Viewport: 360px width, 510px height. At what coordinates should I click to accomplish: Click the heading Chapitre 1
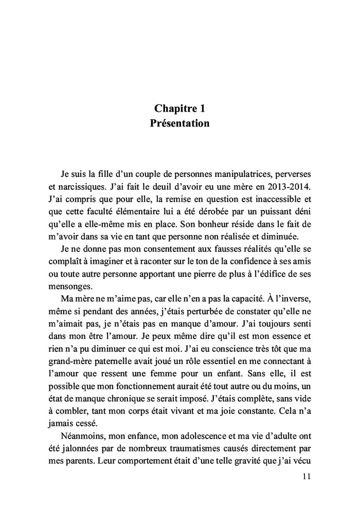click(179, 108)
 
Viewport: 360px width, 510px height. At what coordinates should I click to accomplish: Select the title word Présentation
click(179, 123)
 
